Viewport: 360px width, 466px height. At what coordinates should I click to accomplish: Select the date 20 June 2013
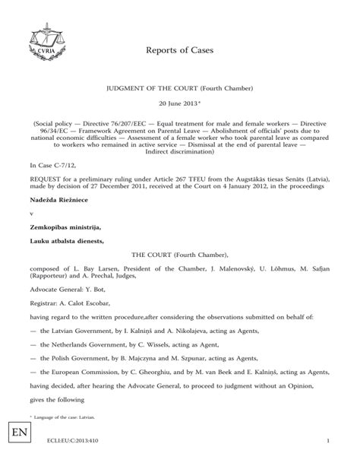click(x=178, y=103)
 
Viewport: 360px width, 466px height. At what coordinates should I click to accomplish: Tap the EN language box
click(x=17, y=439)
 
